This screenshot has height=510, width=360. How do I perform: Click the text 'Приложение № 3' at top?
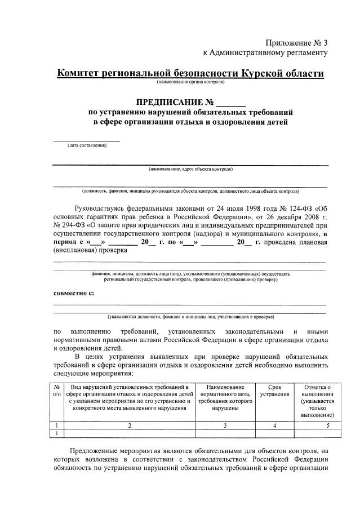[x=296, y=43]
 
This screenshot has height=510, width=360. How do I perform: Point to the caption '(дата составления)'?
[x=87, y=145]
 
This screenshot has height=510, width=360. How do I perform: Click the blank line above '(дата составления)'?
[x=86, y=139]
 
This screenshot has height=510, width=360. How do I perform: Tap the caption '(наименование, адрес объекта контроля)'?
[x=190, y=169]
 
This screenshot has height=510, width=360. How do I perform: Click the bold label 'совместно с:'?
[x=74, y=293]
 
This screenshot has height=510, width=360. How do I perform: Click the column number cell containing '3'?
[x=225, y=425]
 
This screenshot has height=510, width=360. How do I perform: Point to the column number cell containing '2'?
[x=129, y=425]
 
